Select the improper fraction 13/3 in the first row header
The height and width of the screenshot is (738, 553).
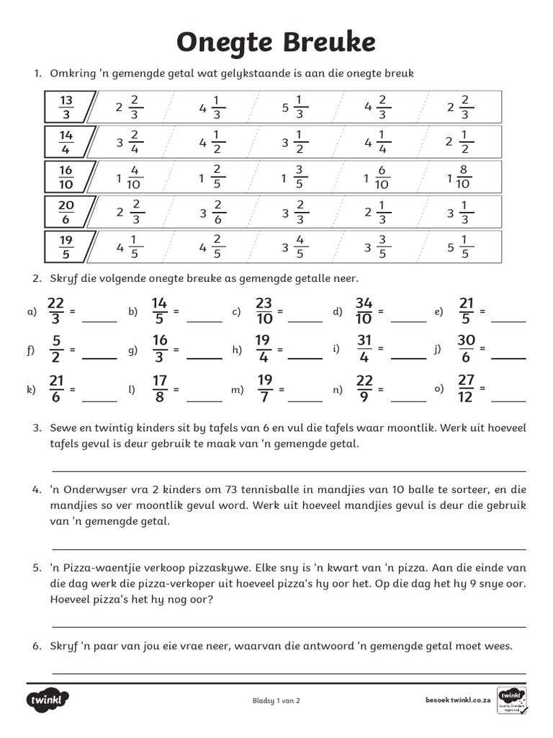[x=66, y=107]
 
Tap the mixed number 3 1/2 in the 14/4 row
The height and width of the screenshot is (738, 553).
[x=295, y=142]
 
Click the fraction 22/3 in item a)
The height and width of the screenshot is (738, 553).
[x=57, y=311]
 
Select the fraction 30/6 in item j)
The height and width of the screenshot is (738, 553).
[x=466, y=350]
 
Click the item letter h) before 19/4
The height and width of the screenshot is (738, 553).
[x=236, y=350]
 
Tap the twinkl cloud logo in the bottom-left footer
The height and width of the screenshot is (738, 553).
[x=48, y=700]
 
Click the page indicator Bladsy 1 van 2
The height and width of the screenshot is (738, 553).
[x=276, y=700]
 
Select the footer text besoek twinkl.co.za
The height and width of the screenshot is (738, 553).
[x=458, y=700]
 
